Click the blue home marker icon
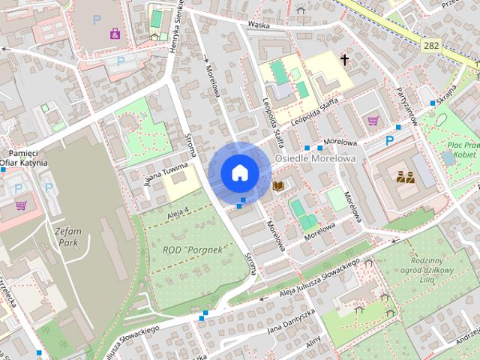click(x=239, y=172)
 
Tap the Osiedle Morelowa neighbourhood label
click(x=314, y=159)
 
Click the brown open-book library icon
click(x=279, y=184)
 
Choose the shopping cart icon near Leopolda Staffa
click(x=373, y=120)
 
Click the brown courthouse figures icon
click(x=406, y=177)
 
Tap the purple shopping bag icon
click(x=114, y=33)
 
